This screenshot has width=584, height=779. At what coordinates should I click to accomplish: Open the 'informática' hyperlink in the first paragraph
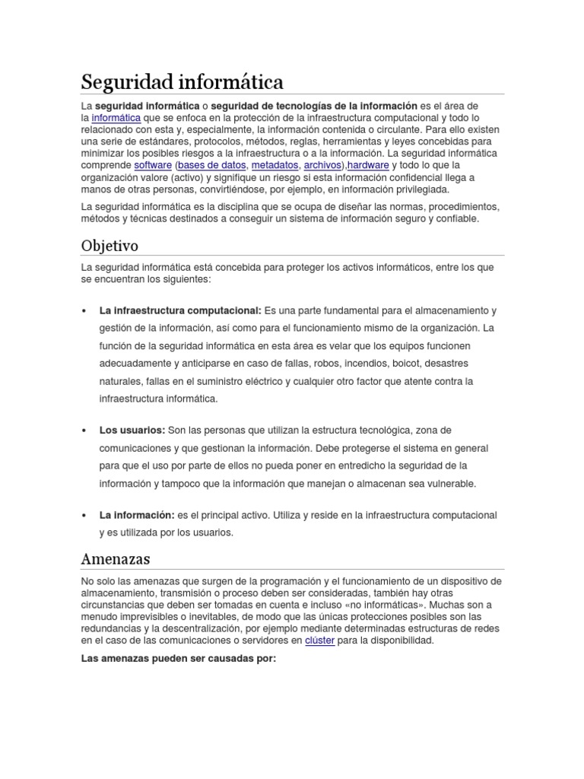pos(116,118)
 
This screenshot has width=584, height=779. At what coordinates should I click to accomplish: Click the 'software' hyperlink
pos(152,165)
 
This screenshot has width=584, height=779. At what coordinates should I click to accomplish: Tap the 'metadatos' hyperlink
pos(275,165)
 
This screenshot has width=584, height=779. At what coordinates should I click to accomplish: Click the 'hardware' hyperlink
pos(369,165)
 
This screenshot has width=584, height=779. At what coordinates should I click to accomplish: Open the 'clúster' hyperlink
pos(319,641)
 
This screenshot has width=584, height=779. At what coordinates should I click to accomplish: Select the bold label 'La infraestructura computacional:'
pos(179,310)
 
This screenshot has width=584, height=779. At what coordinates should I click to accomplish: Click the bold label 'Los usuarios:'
pos(132,431)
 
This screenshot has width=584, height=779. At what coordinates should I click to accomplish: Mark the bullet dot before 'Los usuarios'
pos(83,431)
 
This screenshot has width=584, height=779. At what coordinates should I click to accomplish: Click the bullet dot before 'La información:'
pos(83,516)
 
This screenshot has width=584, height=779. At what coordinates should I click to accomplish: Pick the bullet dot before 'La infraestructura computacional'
pos(83,311)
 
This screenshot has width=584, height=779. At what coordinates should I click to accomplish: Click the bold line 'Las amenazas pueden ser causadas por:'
pos(178,659)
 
